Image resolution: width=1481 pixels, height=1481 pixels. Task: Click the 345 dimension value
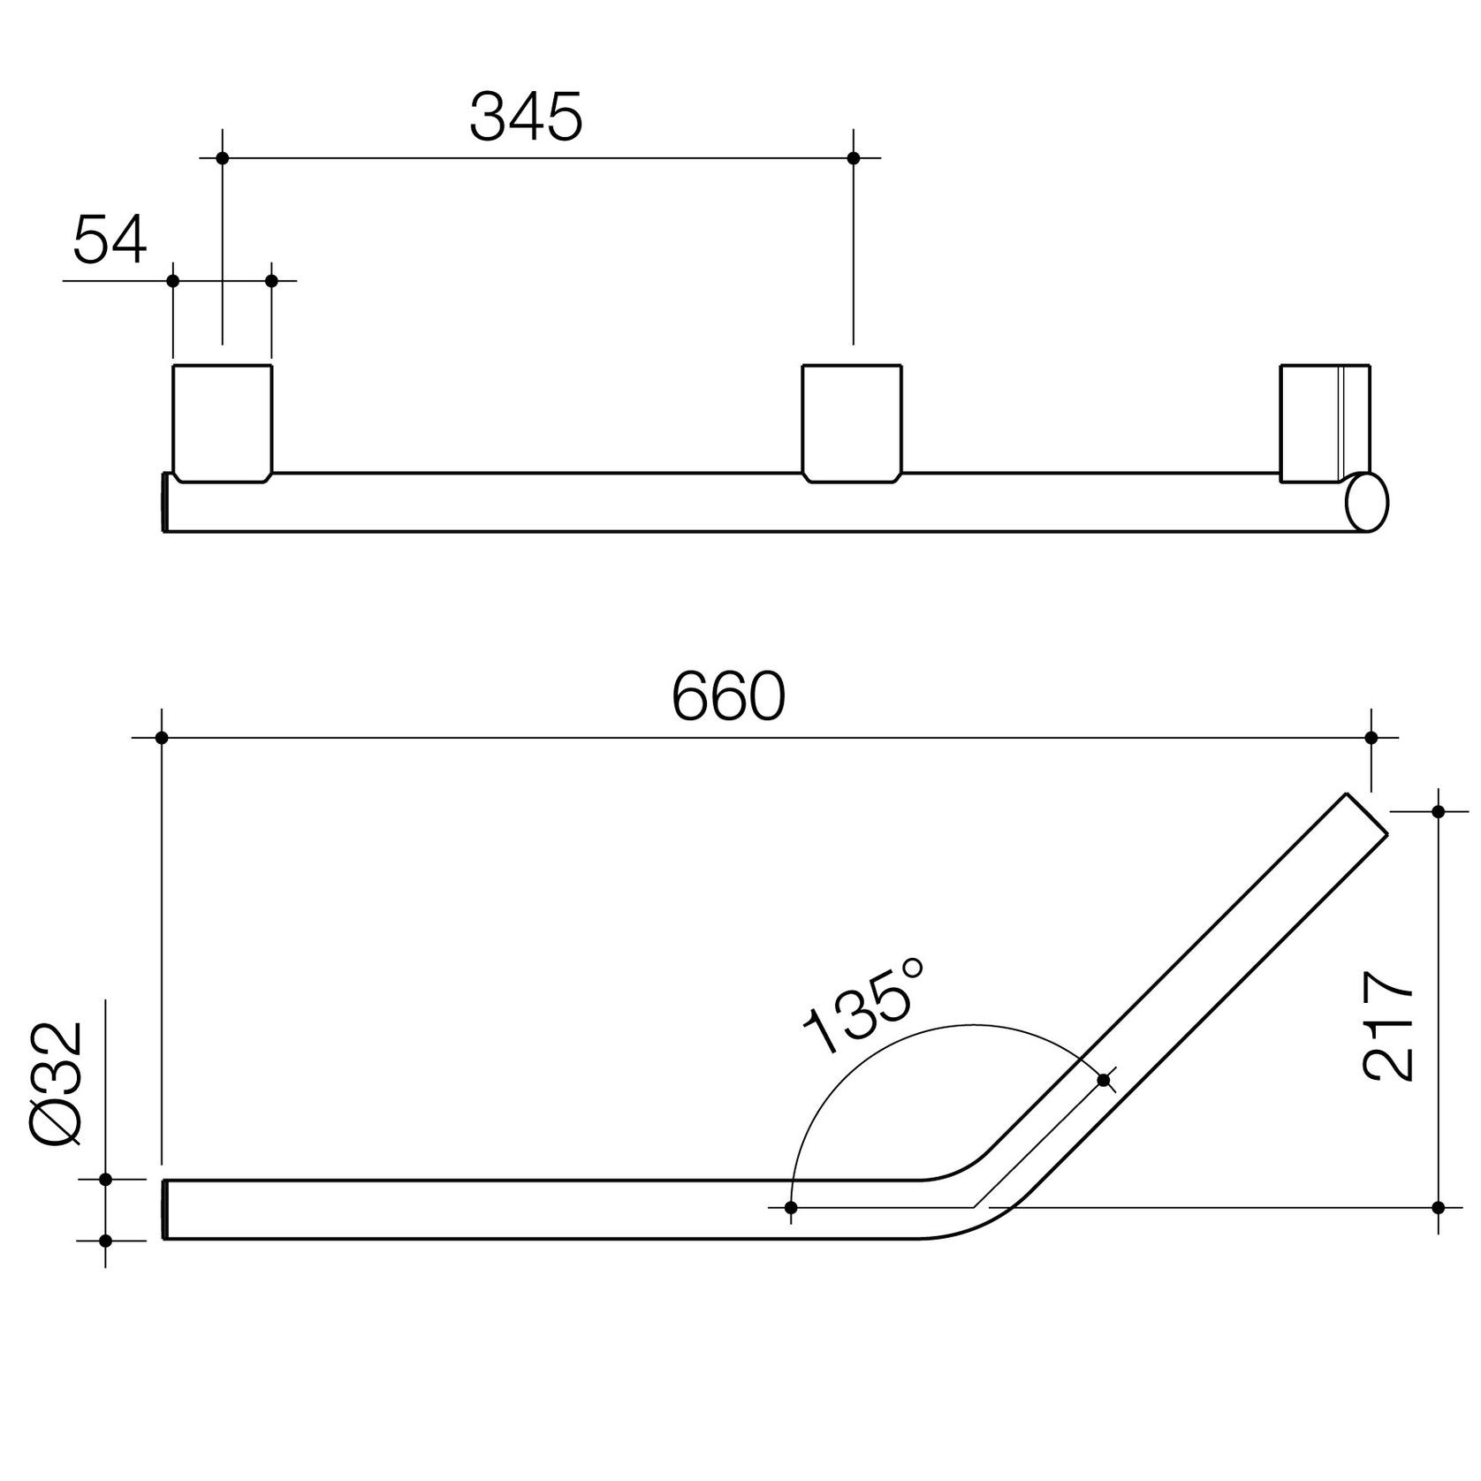coord(526,118)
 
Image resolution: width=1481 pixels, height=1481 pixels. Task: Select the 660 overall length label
coord(728,696)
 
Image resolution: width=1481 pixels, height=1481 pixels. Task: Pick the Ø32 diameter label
coord(57,1084)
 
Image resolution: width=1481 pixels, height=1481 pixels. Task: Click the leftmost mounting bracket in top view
coord(222,422)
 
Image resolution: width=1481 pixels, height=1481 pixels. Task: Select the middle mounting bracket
coord(852,422)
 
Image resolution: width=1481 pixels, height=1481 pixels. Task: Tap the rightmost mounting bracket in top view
coord(1324,422)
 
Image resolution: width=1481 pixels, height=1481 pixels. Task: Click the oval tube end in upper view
coord(1366,503)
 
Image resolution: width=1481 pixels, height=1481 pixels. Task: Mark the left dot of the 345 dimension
coord(223,158)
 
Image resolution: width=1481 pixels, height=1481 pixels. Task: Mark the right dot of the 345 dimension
coord(853,158)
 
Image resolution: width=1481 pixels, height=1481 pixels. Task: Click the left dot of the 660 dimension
coord(161,737)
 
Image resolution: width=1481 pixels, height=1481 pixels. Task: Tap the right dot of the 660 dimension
coord(1371,737)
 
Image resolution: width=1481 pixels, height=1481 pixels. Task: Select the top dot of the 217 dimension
coord(1438,811)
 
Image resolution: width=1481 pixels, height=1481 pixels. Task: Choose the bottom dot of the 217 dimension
coord(1438,1207)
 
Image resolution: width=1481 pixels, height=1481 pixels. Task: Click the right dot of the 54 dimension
coord(271,281)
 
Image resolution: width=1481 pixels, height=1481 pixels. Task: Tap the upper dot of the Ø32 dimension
coord(105,1180)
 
